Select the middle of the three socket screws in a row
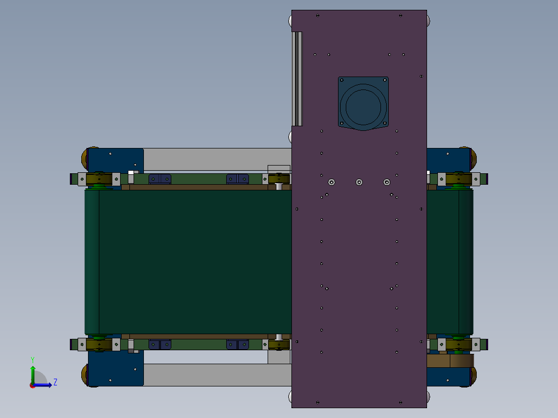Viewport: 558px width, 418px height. [359, 182]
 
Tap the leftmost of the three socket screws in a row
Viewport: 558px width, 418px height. [331, 182]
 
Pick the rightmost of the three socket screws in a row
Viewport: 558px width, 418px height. [387, 182]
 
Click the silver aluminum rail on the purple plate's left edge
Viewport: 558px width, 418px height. [297, 79]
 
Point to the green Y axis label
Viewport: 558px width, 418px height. [33, 359]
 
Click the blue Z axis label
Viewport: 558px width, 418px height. [55, 382]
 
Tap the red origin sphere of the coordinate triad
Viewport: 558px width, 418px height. [32, 385]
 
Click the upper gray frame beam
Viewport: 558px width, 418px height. [217, 159]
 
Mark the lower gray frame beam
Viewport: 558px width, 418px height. [217, 375]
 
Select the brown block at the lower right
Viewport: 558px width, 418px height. [449, 361]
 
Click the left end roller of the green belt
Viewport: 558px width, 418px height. [92, 261]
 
